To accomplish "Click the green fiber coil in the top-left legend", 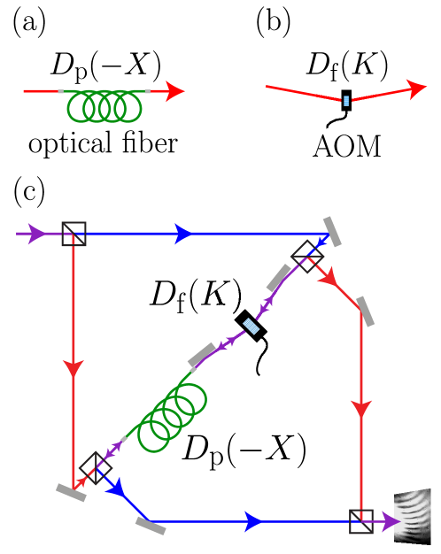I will tap(104, 106).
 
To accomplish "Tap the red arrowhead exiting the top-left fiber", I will tap(175, 91).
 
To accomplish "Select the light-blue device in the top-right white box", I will tap(346, 100).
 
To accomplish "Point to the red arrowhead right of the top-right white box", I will tap(416, 88).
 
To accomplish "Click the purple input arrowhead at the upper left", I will tap(36, 234).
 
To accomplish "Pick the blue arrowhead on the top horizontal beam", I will tap(183, 234).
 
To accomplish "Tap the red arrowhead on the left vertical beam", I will tap(73, 368).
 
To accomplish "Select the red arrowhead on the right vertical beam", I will tap(361, 409).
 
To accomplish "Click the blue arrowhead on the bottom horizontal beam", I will tap(254, 522).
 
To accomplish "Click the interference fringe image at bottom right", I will tap(413, 515).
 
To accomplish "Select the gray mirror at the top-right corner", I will tap(332, 232).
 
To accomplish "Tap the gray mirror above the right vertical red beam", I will tap(365, 312).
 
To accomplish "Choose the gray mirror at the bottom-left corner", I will tap(71, 493).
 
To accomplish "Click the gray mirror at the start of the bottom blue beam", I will tap(151, 526).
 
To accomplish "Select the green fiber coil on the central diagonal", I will tap(172, 417).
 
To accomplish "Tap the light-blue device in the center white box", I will tap(251, 326).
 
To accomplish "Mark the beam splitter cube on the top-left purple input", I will tap(73, 234).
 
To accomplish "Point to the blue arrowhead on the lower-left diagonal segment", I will tap(116, 489).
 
